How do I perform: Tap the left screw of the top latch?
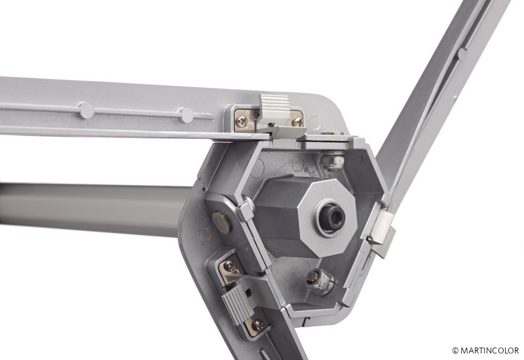pos(242,121)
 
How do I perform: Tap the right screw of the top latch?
pos(298,122)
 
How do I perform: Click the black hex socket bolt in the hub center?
pos(332,218)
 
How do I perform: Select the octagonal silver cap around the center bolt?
pos(328,219)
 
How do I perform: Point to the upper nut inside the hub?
pos(333,161)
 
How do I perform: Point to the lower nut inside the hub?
pos(320,281)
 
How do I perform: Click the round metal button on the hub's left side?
pos(221,222)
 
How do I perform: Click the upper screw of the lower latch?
pos(230,266)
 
